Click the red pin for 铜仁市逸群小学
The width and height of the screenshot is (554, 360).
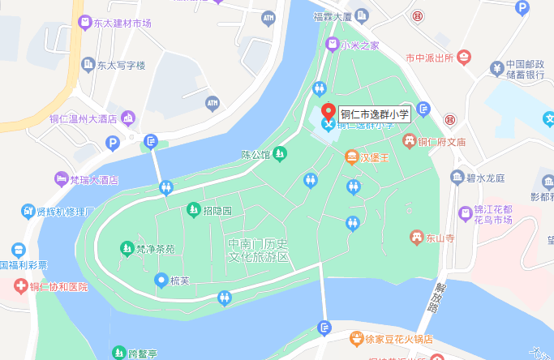328,112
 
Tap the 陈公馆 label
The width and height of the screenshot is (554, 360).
256,153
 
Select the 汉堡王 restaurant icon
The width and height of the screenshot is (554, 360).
352,156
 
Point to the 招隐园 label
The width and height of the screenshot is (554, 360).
217,211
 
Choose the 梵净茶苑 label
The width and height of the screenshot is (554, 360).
155,249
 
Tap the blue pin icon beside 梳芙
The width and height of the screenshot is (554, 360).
161,281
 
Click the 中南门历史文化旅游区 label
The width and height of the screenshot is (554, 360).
259,250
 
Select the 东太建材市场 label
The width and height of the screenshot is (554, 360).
121,23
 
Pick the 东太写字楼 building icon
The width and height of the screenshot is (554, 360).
86,65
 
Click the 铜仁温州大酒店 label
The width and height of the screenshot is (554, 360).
84,118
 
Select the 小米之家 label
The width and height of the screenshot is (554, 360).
359,45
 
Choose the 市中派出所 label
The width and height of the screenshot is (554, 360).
429,58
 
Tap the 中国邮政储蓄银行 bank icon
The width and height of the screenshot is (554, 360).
495,66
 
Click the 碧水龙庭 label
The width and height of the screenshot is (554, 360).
487,178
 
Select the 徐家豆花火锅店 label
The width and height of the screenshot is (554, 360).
397,340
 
